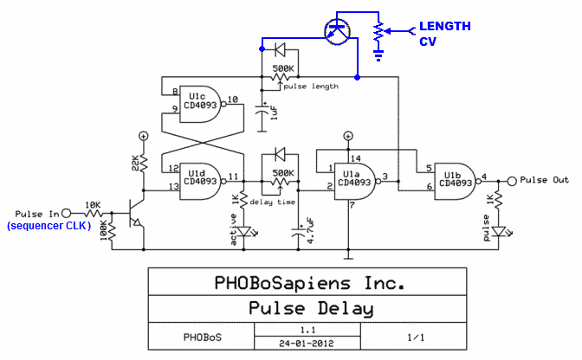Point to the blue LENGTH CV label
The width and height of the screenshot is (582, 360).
tap(444, 33)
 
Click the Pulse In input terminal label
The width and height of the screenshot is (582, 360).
tap(37, 213)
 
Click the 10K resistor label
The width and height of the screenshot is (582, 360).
tap(93, 205)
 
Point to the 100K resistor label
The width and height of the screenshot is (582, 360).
tap(106, 232)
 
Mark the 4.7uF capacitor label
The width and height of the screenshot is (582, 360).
tap(310, 236)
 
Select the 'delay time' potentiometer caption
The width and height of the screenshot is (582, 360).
tap(272, 202)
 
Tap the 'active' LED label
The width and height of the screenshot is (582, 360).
tap(232, 230)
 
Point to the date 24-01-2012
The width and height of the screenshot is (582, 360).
tap(307, 342)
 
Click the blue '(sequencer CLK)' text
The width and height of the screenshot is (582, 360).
tap(48, 226)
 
